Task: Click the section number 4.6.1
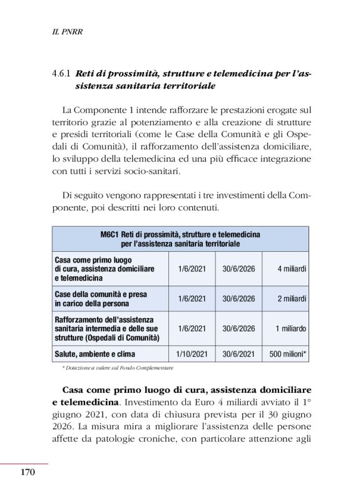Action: (x=63, y=73)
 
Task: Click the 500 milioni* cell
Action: (x=287, y=354)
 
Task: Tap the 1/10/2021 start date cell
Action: (x=192, y=354)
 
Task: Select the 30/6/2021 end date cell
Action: (x=238, y=354)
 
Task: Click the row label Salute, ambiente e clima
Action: (x=95, y=354)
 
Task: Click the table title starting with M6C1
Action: (x=180, y=238)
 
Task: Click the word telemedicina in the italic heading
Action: (x=234, y=73)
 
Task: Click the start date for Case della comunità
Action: (x=192, y=298)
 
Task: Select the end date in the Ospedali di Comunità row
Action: (x=238, y=328)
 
